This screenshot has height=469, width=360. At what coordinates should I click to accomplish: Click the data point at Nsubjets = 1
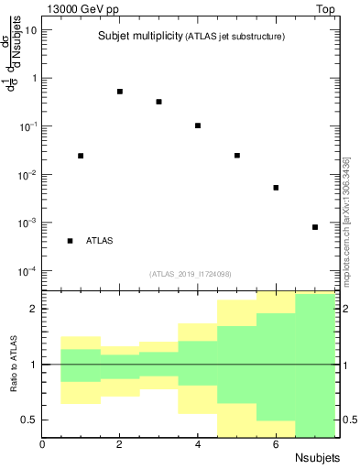[81, 156]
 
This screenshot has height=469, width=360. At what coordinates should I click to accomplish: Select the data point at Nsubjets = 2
[120, 92]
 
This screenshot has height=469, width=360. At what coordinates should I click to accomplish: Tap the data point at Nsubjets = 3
[159, 102]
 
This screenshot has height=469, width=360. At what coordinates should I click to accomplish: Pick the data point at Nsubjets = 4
[198, 125]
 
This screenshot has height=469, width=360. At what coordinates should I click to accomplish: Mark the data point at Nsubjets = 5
[237, 156]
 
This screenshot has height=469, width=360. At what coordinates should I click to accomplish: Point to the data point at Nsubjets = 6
[276, 188]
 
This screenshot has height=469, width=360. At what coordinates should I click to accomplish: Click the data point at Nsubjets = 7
[315, 227]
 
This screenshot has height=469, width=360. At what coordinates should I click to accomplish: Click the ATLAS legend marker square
[71, 241]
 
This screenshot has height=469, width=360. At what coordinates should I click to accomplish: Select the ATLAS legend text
[100, 241]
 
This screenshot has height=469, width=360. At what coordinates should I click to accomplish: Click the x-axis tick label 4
[198, 444]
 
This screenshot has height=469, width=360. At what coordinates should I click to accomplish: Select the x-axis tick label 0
[43, 444]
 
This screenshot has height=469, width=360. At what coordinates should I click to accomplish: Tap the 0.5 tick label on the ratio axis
[30, 420]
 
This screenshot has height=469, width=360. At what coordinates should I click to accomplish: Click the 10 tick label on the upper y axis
[30, 29]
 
